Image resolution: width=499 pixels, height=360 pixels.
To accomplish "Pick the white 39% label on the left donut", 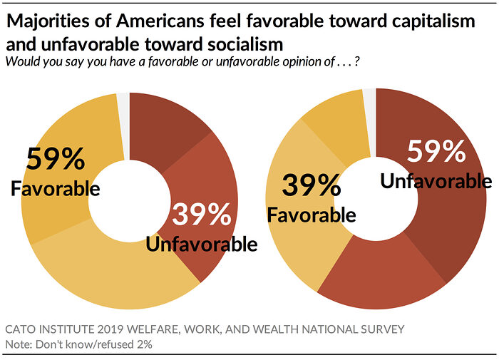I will coord(201,215).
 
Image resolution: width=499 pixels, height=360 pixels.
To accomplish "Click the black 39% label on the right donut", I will coord(311,186).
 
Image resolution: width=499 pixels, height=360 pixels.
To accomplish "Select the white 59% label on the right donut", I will coord(436,152).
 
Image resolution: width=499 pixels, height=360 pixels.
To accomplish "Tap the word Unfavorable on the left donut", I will coord(201,245).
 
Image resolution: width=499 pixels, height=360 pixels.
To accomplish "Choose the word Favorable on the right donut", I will coord(311,214).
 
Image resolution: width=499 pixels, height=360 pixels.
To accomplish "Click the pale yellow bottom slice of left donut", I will coord(107,278).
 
